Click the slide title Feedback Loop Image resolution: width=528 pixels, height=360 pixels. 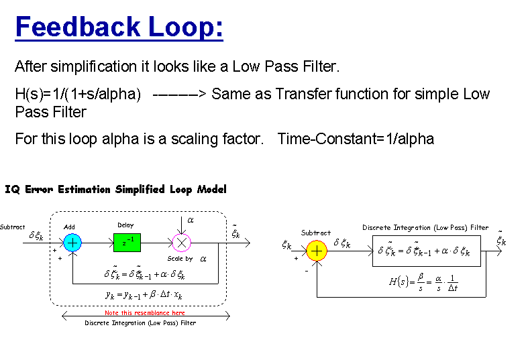[119, 27]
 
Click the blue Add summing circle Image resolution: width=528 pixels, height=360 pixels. [72, 242]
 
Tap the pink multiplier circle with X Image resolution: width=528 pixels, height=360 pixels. [182, 242]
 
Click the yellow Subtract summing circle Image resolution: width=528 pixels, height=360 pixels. [316, 251]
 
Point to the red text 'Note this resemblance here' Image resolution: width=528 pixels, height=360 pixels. [144, 313]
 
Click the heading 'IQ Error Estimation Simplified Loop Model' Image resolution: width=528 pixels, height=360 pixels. [115, 190]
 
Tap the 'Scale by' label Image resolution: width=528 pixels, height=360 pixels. [180, 259]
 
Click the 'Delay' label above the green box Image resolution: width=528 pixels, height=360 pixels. [125, 225]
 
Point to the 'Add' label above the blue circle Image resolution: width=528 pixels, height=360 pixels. [69, 227]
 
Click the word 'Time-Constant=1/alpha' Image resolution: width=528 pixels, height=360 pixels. [356, 139]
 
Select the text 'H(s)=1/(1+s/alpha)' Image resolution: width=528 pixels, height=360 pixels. [77, 94]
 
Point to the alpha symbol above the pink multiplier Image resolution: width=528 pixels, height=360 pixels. [190, 220]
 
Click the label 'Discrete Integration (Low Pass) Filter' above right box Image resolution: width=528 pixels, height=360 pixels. [425, 228]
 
